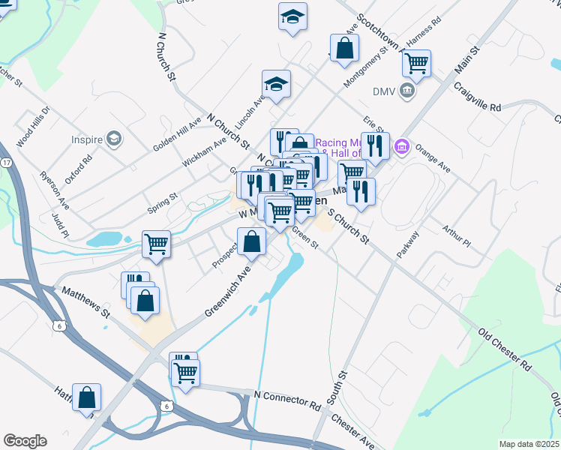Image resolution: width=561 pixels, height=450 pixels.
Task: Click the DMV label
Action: click(x=384, y=91)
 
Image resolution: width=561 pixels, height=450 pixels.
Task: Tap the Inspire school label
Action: click(x=87, y=139)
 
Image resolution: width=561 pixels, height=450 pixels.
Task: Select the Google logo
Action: click(x=25, y=441)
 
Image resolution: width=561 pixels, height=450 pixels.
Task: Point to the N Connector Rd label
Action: click(x=287, y=399)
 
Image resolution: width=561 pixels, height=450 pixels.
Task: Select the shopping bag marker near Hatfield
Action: click(x=87, y=397)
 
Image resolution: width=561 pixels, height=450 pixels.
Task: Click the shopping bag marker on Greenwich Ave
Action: click(x=252, y=241)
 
